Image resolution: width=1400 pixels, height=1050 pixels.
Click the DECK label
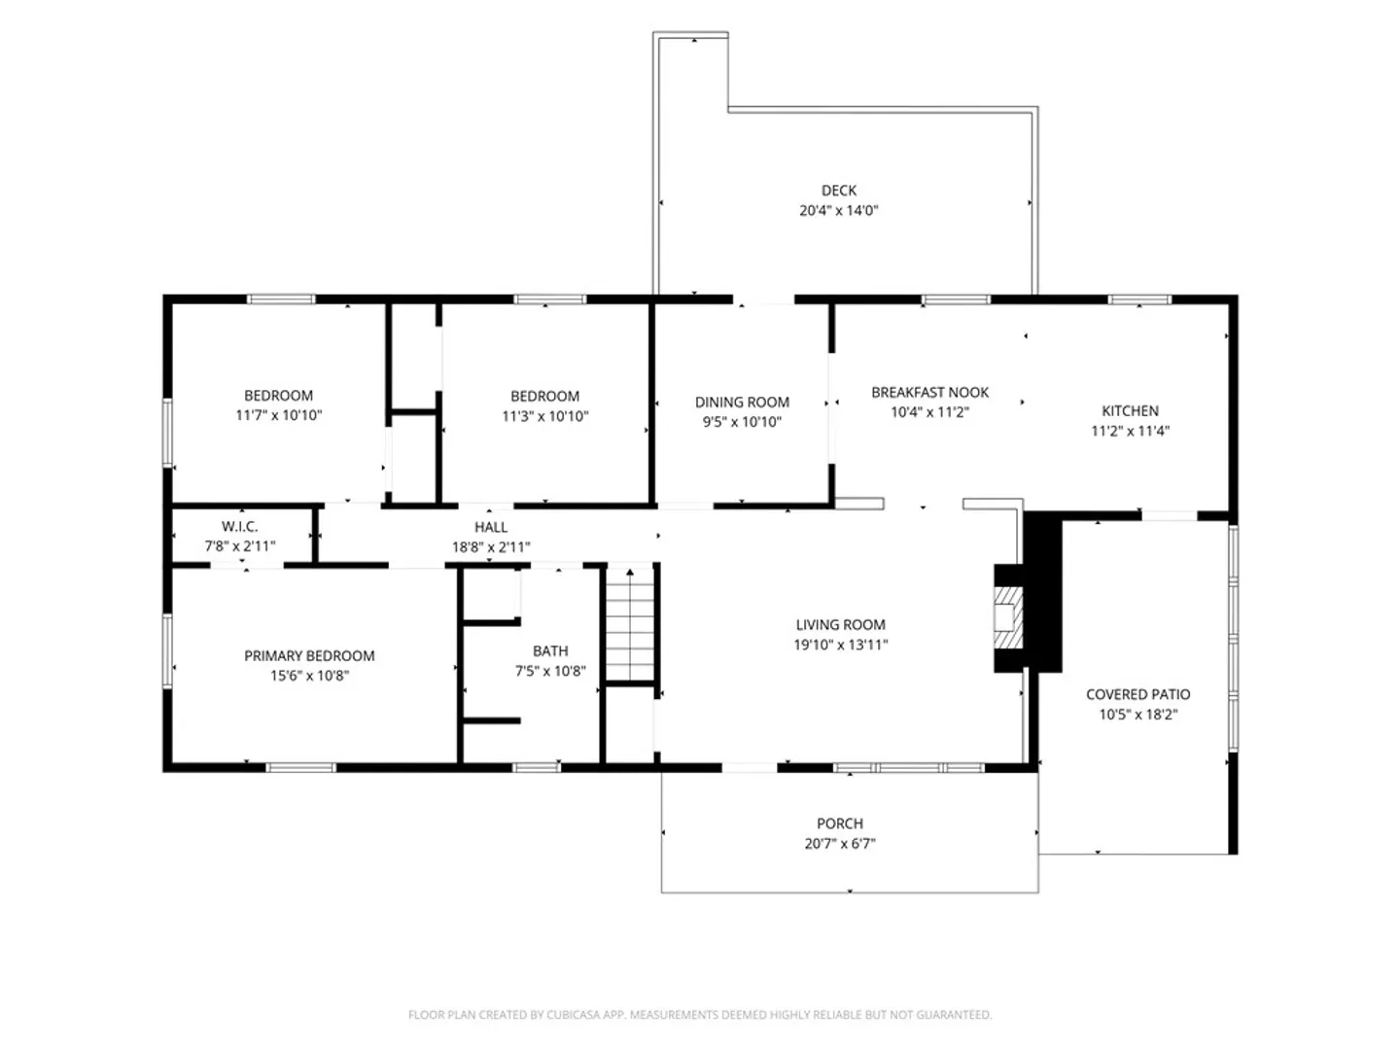(x=839, y=190)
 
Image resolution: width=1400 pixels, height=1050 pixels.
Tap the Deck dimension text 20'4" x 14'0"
(x=839, y=210)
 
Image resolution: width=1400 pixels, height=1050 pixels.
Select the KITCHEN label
(x=1130, y=410)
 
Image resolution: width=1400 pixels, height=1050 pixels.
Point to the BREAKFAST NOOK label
(x=929, y=392)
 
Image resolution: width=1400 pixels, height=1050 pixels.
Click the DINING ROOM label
(x=742, y=402)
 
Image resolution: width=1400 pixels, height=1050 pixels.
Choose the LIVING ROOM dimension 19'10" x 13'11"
(x=841, y=645)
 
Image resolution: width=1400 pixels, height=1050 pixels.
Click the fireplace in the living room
(x=1008, y=617)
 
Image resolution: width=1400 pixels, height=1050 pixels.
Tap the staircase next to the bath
(x=630, y=625)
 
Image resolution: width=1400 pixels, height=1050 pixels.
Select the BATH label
(x=550, y=651)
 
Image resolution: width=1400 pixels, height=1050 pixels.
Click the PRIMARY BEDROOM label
(x=309, y=655)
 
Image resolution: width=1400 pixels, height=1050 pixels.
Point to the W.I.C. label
(x=240, y=526)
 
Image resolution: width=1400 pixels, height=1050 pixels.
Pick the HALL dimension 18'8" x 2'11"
(x=491, y=547)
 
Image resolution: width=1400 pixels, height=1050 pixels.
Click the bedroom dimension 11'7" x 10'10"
(x=279, y=415)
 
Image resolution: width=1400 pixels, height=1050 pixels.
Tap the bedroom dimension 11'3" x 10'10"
(x=544, y=416)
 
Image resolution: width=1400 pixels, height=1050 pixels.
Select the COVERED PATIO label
(x=1137, y=694)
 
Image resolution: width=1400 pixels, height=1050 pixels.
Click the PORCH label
(x=839, y=823)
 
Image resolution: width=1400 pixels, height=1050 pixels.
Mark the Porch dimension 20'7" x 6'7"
(x=839, y=844)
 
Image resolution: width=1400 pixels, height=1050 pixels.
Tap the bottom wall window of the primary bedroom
(x=300, y=768)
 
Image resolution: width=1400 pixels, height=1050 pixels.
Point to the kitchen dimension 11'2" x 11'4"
(x=1130, y=431)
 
